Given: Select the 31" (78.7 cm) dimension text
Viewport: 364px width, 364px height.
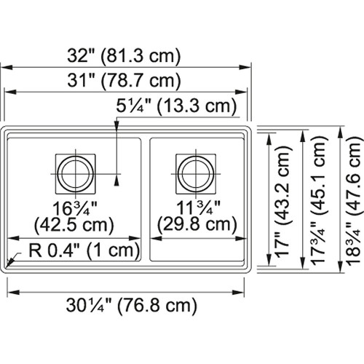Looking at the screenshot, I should pyautogui.click(x=128, y=81).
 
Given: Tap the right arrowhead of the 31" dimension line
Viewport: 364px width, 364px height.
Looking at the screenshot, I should pyautogui.click(x=242, y=92).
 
